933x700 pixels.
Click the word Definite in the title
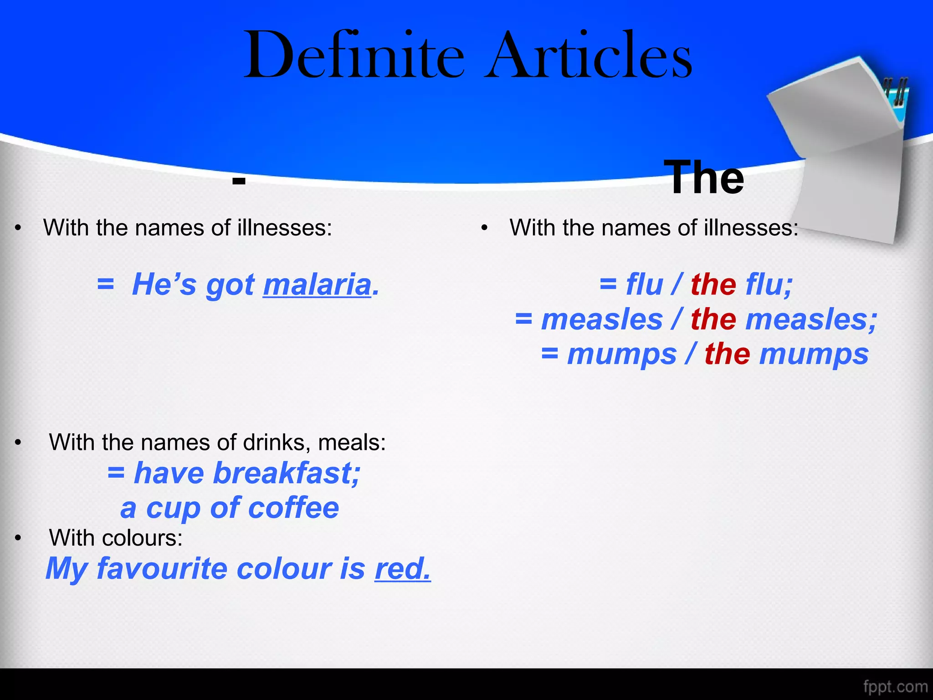click(x=354, y=56)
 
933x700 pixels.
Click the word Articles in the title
click(x=588, y=56)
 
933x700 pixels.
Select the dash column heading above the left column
click(x=239, y=181)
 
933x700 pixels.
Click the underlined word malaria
click(x=317, y=285)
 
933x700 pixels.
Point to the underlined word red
click(x=402, y=569)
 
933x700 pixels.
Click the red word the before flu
click(x=713, y=285)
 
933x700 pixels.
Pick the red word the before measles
click(x=713, y=319)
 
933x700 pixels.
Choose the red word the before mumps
click(x=727, y=354)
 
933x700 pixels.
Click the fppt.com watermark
click(x=895, y=686)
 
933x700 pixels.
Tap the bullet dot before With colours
click(x=18, y=538)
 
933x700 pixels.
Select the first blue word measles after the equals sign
click(x=602, y=319)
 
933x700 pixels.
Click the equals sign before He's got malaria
click(x=105, y=285)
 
